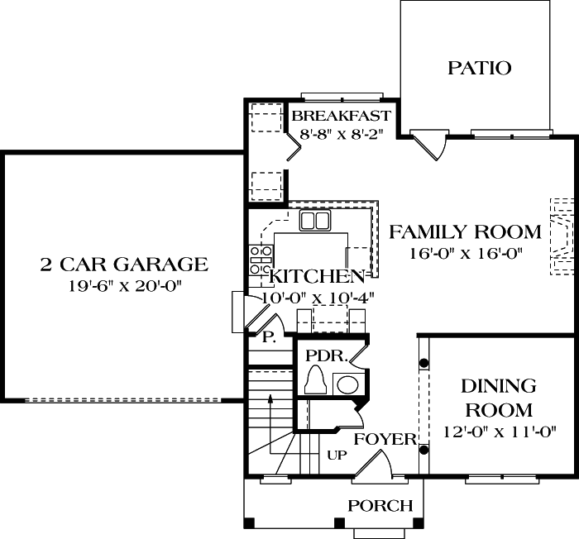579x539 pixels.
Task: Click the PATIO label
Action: (x=479, y=68)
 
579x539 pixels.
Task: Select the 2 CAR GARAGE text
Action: (x=123, y=265)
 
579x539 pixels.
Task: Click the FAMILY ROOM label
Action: (x=465, y=232)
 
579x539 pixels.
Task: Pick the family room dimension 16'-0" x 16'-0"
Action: (x=465, y=254)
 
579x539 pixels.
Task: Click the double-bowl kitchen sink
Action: (x=314, y=220)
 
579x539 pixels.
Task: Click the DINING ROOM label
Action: (x=499, y=398)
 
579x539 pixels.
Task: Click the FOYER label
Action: (x=385, y=439)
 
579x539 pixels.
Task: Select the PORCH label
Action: (x=380, y=505)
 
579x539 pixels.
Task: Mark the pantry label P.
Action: (x=268, y=337)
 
